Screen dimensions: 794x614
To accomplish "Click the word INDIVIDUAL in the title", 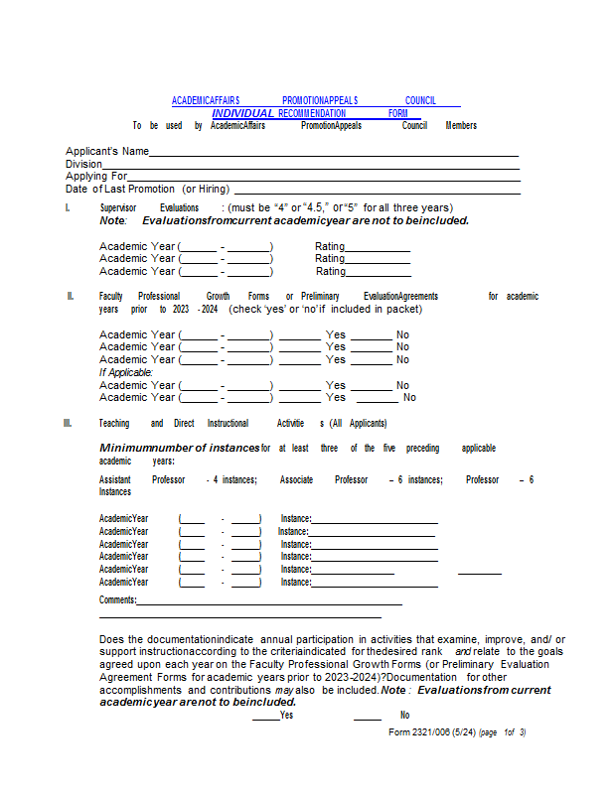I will click(242, 113).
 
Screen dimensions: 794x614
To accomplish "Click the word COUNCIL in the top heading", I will click(420, 100).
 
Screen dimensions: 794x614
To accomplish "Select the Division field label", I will click(83, 164).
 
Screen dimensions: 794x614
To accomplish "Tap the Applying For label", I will click(96, 176).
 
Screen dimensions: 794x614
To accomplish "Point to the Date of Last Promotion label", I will click(148, 189).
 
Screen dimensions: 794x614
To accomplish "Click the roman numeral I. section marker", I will click(68, 207).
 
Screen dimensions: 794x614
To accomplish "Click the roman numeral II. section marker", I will click(71, 296).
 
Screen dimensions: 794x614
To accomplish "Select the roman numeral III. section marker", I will click(68, 423).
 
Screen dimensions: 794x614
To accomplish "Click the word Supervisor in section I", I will click(118, 207).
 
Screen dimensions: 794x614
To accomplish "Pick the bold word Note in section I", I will click(112, 220).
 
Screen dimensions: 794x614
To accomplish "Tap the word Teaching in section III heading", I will click(114, 423).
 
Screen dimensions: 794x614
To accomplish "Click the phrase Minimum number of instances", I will click(179, 448).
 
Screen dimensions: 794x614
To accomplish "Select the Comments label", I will click(117, 599).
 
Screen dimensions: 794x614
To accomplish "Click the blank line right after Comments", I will click(268, 601).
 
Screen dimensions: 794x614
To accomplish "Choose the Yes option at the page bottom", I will click(286, 715).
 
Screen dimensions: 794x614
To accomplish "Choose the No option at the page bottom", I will click(404, 715).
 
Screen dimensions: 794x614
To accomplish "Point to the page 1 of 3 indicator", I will click(502, 732).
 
